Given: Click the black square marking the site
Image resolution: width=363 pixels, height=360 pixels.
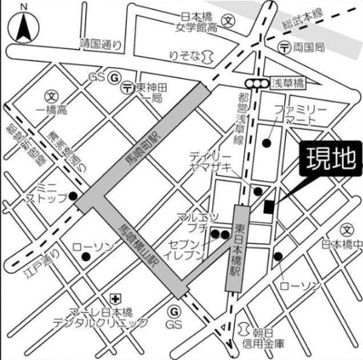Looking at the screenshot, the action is pyautogui.click(x=268, y=208).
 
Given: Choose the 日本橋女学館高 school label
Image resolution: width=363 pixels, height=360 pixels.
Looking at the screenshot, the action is pyautogui.click(x=199, y=23).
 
